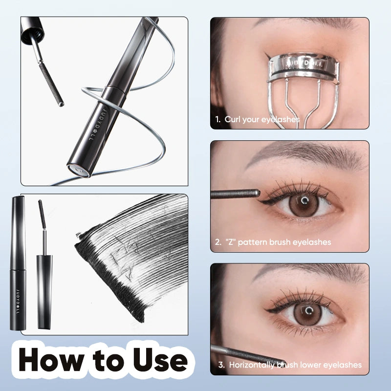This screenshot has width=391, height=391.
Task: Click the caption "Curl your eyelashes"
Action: (x=262, y=119)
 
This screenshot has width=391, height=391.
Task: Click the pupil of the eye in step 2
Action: (x=304, y=201)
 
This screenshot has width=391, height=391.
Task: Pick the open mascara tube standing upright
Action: (x=44, y=288)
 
